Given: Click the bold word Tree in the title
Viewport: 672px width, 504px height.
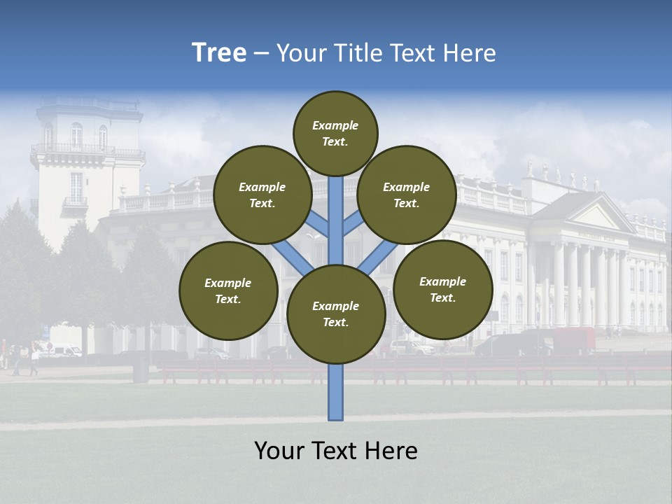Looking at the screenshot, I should pos(219,52).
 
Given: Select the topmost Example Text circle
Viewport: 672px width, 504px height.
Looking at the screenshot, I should pos(335,133).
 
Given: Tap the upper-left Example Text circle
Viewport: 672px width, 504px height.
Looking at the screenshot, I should pos(262,195).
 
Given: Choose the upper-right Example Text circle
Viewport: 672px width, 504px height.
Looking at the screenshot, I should pos(407,195).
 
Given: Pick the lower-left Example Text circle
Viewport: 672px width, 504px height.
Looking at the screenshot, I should pos(228,290).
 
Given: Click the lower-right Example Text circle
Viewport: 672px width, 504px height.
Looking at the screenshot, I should pos(443,289).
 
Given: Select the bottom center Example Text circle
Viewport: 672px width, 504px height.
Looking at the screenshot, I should pos(336,314).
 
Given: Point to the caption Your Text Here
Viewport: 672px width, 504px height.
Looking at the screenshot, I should pos(336,451).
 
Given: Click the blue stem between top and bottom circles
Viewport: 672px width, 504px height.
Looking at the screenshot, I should pos(336,220).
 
